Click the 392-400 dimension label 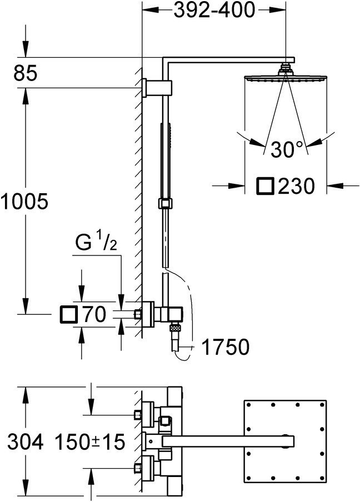(214, 10)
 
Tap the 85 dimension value (26, 73)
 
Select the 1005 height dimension (24, 202)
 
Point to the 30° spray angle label (286, 149)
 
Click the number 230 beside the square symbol (296, 186)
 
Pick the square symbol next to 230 (265, 185)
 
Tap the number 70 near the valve (94, 314)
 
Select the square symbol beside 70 (68, 314)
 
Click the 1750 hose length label (226, 347)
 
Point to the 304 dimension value (26, 442)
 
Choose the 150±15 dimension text (89, 442)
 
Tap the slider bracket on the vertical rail (165, 204)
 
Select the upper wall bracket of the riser (158, 87)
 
